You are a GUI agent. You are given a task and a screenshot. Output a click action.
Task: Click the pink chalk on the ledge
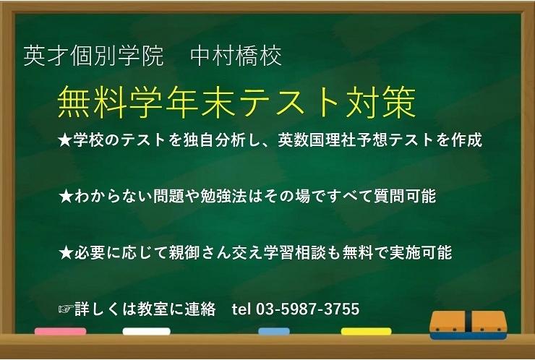(x=60, y=332)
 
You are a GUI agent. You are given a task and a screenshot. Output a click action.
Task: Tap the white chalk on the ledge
(x=146, y=332)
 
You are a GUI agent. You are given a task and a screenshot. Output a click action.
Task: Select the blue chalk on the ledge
(x=274, y=332)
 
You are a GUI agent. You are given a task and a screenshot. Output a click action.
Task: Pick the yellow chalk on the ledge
(x=366, y=332)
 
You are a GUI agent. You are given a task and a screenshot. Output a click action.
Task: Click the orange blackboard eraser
(x=468, y=325)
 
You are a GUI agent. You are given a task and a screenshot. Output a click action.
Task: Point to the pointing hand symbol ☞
(x=65, y=309)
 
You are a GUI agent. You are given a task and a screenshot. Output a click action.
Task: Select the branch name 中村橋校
(x=236, y=56)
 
